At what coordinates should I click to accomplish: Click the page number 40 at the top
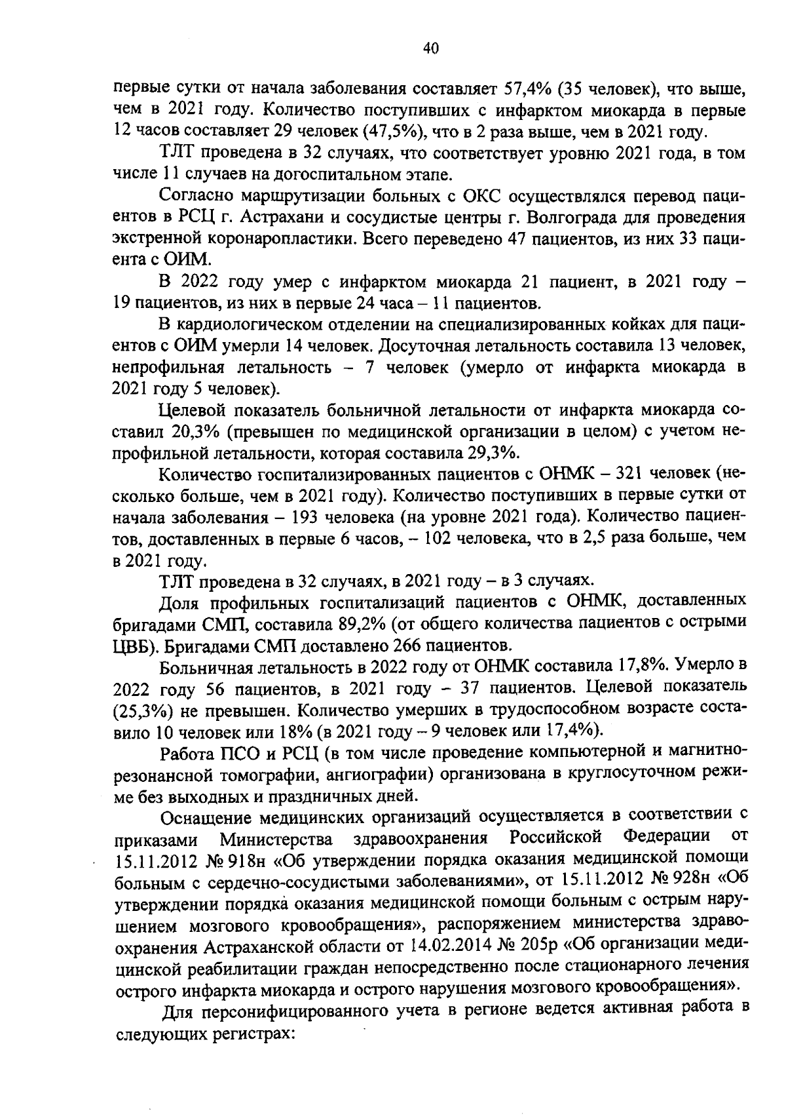[430, 48]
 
